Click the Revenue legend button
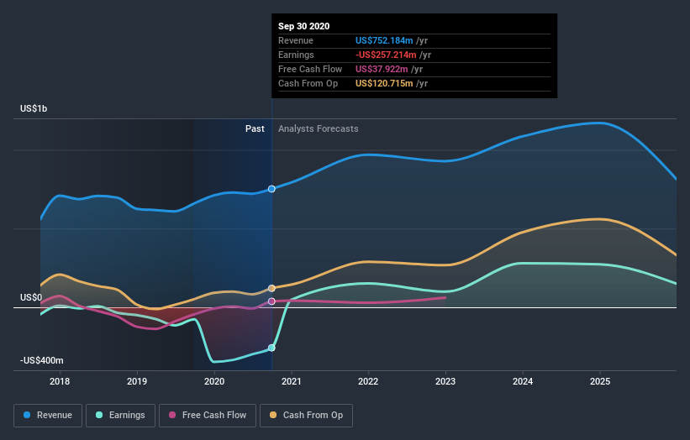(48, 415)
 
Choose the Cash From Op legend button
(307, 415)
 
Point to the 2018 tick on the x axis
(60, 381)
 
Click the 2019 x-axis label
(137, 381)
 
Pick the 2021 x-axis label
(292, 381)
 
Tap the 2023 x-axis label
(445, 381)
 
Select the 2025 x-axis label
(600, 381)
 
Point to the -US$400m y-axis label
(42, 360)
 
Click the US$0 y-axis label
(31, 297)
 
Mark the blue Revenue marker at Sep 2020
(271, 189)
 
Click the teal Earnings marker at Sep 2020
(271, 347)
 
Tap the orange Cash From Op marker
(271, 288)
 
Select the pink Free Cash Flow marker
(271, 301)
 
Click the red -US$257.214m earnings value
(387, 55)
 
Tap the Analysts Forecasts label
(318, 128)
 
